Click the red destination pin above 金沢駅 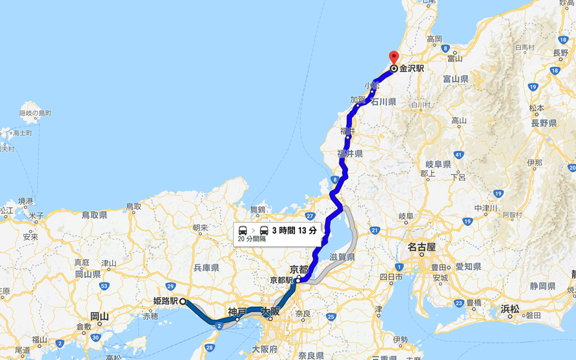point(394,57)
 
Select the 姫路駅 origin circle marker point(182,301)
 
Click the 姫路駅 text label point(165,301)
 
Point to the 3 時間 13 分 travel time point(294,230)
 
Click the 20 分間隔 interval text point(252,239)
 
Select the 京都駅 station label point(282,280)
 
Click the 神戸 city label point(237,312)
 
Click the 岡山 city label point(99,316)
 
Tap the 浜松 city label point(510,308)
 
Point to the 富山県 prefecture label point(456,79)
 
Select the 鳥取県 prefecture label point(94,215)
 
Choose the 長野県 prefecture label point(543,123)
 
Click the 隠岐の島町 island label point(35,113)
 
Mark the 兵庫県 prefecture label point(206,268)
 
